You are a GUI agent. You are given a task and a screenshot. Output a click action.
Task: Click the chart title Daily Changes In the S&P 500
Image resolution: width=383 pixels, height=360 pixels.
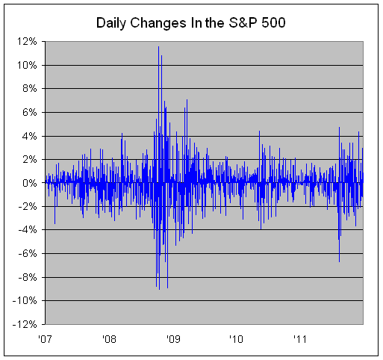click(x=190, y=23)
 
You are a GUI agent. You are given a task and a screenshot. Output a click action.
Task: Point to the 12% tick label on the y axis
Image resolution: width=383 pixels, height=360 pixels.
click(x=27, y=42)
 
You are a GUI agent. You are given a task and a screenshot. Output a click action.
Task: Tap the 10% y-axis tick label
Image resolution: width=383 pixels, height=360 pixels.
click(x=27, y=65)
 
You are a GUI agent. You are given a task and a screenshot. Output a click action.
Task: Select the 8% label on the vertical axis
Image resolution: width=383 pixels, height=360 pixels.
click(x=30, y=89)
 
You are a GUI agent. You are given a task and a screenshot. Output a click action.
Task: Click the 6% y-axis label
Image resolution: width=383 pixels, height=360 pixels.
click(x=30, y=112)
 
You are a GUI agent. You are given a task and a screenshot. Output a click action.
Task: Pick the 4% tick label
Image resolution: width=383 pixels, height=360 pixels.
click(x=30, y=136)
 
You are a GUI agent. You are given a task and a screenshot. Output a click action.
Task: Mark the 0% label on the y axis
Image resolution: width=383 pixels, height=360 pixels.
click(x=30, y=183)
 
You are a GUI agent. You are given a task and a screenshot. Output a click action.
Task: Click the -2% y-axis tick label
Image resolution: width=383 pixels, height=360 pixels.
click(x=28, y=207)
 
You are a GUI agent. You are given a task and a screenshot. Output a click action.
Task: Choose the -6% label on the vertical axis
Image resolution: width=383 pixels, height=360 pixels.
click(x=28, y=254)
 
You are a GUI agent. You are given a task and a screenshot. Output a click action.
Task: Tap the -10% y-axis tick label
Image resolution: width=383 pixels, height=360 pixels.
click(x=25, y=301)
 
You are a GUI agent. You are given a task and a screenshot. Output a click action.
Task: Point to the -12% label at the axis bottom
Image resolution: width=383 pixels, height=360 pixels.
click(x=25, y=324)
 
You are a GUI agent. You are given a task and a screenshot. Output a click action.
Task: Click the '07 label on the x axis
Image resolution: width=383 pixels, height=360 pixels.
click(x=46, y=339)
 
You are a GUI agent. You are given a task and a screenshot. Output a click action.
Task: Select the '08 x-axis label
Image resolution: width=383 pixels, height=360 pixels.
click(x=109, y=339)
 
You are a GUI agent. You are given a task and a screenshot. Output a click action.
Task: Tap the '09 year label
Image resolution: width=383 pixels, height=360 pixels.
click(x=172, y=339)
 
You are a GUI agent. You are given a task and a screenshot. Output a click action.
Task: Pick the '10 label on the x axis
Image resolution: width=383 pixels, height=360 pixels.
click(x=236, y=339)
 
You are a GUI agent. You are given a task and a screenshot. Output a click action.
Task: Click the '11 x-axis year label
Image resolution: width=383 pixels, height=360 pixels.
click(x=300, y=339)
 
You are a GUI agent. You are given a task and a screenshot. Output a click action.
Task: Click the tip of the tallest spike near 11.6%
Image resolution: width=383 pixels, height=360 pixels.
click(x=158, y=46)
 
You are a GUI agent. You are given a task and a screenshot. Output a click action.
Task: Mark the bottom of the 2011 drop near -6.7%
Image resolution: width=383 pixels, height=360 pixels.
click(x=339, y=261)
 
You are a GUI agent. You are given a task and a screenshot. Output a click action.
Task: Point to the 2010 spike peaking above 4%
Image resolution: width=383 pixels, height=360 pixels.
click(x=259, y=131)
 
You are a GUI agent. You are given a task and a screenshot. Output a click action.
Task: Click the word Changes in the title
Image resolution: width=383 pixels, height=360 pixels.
click(x=158, y=24)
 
